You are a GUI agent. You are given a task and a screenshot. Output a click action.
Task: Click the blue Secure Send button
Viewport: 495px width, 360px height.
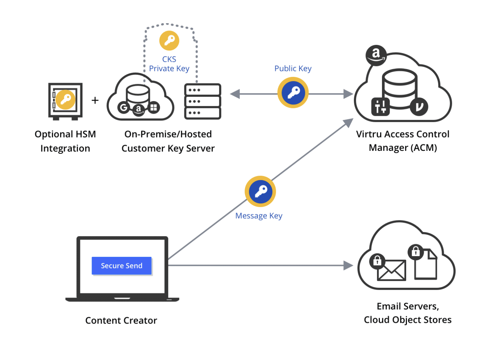(x=121, y=266)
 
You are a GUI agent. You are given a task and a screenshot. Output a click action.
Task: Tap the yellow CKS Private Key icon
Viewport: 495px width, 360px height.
(x=169, y=41)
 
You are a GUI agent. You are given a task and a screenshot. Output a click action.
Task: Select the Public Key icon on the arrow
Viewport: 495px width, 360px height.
(x=293, y=93)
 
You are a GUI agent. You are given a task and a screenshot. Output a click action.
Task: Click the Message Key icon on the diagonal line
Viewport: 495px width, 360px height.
(x=260, y=192)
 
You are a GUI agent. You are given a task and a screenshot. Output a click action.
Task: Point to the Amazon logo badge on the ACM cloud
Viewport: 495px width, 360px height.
(x=376, y=55)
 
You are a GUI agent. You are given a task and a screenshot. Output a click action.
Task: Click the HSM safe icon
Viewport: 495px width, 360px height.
(x=65, y=101)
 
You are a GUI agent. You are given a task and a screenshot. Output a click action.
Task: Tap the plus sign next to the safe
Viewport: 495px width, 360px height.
(x=95, y=101)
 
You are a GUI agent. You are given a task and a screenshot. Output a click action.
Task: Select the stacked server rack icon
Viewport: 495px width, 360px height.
(x=203, y=101)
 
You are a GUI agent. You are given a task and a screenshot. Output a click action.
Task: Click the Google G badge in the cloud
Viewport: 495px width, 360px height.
(x=124, y=107)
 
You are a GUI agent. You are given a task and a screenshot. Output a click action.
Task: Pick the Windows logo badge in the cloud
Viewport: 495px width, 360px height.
(x=153, y=107)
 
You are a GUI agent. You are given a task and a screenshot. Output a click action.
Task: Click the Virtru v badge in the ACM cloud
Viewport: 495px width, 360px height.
(x=419, y=106)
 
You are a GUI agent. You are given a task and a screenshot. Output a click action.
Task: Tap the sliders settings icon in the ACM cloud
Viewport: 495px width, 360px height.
(x=381, y=107)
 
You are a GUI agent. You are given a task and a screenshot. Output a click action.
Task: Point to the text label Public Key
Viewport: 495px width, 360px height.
(x=293, y=68)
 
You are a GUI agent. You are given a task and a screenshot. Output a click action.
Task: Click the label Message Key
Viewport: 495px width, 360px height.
(x=259, y=216)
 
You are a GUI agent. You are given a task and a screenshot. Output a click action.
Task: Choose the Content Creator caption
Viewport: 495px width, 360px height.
(x=121, y=320)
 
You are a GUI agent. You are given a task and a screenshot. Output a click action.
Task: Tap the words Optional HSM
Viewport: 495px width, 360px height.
(x=65, y=134)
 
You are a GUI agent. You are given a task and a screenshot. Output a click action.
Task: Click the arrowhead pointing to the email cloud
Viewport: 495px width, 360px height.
(x=348, y=266)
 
